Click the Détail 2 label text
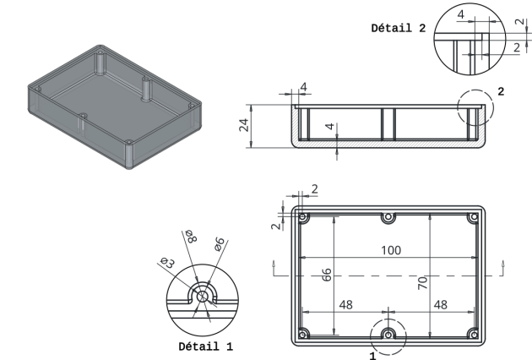pyautogui.click(x=399, y=28)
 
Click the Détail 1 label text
pyautogui.click(x=205, y=346)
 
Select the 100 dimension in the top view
pyautogui.click(x=391, y=250)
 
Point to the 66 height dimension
pyautogui.click(x=327, y=275)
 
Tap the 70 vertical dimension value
pyautogui.click(x=422, y=282)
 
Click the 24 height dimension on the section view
pyautogui.click(x=244, y=125)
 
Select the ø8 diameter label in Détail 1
pyautogui.click(x=191, y=237)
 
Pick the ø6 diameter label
pyautogui.click(x=220, y=244)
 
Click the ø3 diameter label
pyautogui.click(x=167, y=262)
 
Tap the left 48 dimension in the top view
pyautogui.click(x=345, y=304)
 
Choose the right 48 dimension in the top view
pyautogui.click(x=441, y=304)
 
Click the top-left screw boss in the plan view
pyautogui.click(x=303, y=217)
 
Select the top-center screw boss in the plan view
pyautogui.click(x=388, y=217)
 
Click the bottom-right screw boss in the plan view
pyautogui.click(x=473, y=334)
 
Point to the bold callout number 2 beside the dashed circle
pyautogui.click(x=501, y=91)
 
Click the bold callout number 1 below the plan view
pyautogui.click(x=373, y=356)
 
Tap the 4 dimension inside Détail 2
pyautogui.click(x=461, y=14)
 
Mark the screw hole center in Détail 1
pyautogui.click(x=203, y=296)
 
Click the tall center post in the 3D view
pyautogui.click(x=146, y=89)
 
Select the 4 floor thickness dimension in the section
pyautogui.click(x=329, y=127)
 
